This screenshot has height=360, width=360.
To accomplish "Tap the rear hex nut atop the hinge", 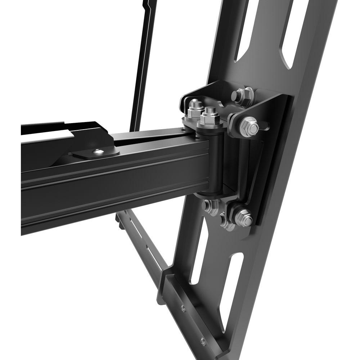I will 194,107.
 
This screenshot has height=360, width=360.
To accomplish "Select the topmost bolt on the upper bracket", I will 242,94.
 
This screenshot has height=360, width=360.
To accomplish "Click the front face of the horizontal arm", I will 108,187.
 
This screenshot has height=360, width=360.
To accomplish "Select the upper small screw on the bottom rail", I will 183,308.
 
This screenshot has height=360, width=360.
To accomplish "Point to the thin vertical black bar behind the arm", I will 142,65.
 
